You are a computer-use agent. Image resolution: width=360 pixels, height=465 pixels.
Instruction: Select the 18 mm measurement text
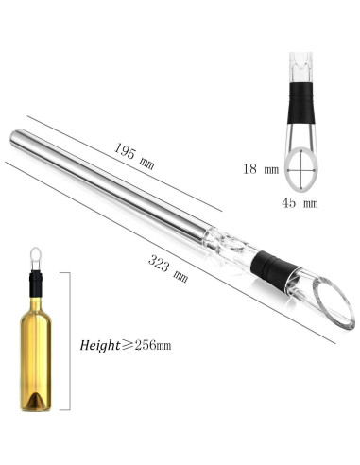click(270, 170)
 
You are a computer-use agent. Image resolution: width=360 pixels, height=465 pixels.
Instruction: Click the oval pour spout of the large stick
click(334, 308)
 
